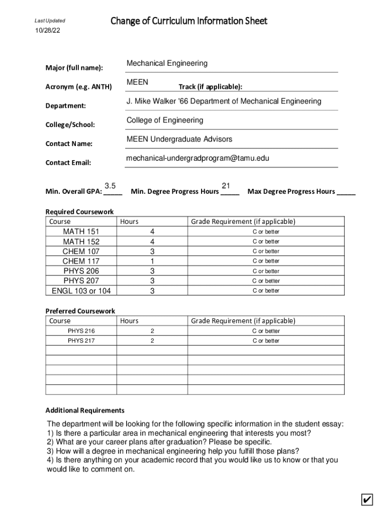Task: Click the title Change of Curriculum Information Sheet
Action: click(188, 21)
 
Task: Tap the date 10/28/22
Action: click(47, 32)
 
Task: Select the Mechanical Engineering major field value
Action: click(167, 63)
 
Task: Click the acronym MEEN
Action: click(137, 82)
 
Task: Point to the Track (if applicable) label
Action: click(210, 87)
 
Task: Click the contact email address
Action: click(198, 158)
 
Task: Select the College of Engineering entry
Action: click(165, 120)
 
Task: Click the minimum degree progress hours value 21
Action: click(226, 186)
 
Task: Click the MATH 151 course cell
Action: click(81, 231)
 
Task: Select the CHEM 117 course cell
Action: click(81, 261)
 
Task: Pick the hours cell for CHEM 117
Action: click(152, 261)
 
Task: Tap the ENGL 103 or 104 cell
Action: click(81, 291)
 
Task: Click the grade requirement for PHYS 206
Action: click(265, 271)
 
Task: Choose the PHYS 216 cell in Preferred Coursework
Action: click(81, 331)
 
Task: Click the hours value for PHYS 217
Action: click(152, 341)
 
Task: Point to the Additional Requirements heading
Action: click(85, 410)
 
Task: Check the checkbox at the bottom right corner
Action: click(367, 500)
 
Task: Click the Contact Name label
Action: click(69, 144)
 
